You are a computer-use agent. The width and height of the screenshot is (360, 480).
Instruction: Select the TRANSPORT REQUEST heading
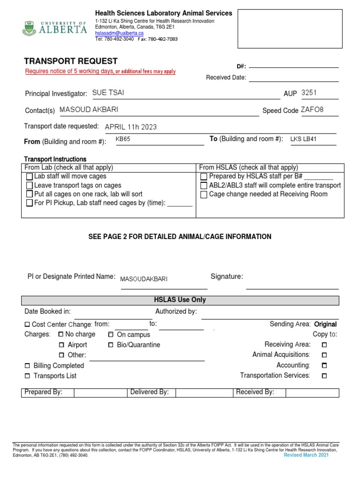(x=71, y=61)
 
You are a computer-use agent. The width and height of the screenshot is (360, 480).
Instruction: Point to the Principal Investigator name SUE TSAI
(x=108, y=93)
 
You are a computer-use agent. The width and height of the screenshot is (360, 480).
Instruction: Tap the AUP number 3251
(x=309, y=93)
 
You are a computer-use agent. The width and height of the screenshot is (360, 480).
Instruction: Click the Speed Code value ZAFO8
(x=312, y=110)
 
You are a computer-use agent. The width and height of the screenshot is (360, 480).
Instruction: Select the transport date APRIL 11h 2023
(x=131, y=127)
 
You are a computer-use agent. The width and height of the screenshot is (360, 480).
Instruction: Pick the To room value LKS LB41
(x=303, y=139)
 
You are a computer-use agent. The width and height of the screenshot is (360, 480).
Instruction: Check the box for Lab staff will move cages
(x=30, y=177)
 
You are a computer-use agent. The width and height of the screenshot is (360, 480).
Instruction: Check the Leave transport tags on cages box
(x=30, y=186)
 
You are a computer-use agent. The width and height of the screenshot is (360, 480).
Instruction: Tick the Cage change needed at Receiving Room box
(x=203, y=195)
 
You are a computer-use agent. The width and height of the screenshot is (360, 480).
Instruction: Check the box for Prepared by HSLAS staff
(x=203, y=177)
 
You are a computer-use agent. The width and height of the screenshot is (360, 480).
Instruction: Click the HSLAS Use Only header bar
(x=180, y=300)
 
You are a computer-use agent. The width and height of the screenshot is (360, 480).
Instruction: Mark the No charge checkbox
(x=61, y=335)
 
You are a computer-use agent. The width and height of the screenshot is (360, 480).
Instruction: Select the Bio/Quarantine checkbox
(x=111, y=345)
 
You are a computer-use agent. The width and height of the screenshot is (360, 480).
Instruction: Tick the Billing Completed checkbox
(x=27, y=366)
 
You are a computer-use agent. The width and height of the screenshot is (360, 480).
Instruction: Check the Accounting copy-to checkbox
(x=324, y=366)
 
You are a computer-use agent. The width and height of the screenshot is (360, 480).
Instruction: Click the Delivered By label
(x=149, y=392)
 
